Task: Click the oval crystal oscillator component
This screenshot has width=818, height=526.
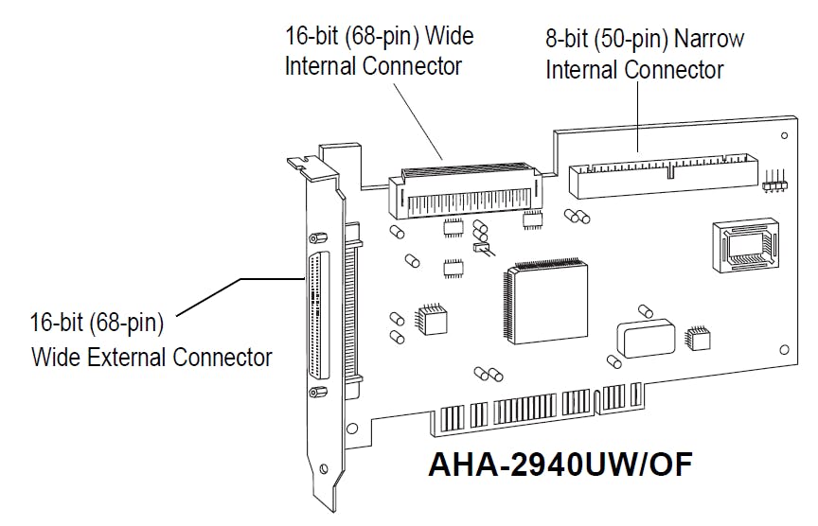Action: [x=643, y=339]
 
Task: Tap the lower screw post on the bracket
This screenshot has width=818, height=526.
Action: [x=320, y=393]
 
